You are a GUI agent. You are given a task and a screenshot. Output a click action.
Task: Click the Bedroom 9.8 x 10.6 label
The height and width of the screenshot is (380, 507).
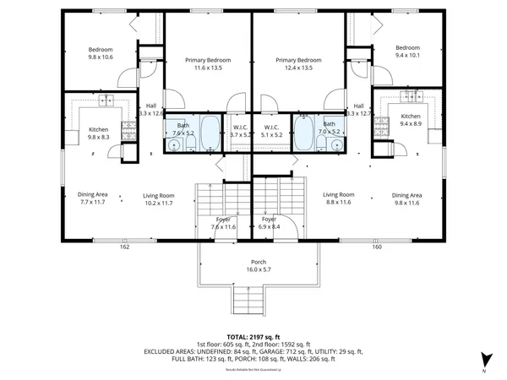[x=101, y=53]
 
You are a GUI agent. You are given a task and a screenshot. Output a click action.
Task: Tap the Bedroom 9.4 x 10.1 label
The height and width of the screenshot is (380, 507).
[x=407, y=51]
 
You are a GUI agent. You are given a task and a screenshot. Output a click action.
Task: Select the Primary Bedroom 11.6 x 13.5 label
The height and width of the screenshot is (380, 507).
[x=208, y=64]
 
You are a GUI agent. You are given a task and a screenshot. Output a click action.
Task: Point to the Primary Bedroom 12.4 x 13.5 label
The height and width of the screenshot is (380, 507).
[x=298, y=64]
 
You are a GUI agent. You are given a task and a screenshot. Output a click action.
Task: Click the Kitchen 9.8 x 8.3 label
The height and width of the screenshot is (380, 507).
[x=99, y=133]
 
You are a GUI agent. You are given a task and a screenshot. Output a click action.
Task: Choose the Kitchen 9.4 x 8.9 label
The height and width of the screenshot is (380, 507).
[x=411, y=120]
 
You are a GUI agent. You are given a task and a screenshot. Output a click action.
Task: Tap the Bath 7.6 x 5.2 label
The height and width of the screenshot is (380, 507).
[x=183, y=129]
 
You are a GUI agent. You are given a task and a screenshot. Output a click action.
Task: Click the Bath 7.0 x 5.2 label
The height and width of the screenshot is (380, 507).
[x=329, y=128]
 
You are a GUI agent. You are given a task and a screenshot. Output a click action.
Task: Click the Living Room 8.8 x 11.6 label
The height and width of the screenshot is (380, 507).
[x=339, y=198]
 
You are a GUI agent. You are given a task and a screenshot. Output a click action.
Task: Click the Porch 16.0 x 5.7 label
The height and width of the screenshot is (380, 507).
[x=259, y=266]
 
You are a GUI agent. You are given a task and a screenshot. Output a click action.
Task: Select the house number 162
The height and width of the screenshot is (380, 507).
[x=124, y=247]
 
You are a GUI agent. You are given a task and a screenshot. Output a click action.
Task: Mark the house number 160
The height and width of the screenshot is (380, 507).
[x=377, y=247]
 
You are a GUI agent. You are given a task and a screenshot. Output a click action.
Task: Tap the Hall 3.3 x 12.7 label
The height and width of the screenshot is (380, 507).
[x=358, y=109]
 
